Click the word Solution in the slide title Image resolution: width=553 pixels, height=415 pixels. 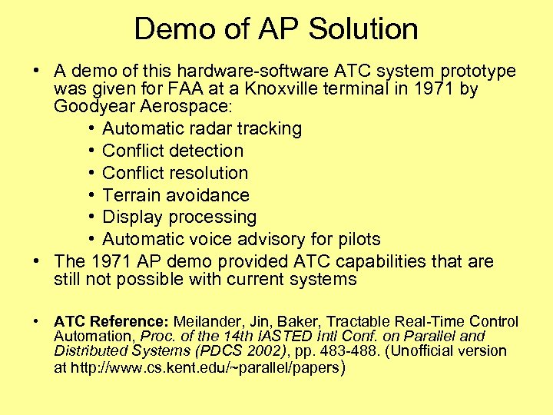click(364, 30)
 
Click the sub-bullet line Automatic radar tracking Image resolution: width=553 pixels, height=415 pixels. click(202, 128)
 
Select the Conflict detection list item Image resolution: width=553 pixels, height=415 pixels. click(173, 151)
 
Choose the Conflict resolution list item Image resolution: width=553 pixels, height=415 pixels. click(175, 173)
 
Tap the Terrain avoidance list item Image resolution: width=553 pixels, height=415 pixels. click(176, 195)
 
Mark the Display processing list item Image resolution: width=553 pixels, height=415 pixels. click(179, 217)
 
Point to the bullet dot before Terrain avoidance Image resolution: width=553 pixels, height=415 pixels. click(91, 195)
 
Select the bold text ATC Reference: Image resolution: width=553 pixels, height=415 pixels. click(112, 321)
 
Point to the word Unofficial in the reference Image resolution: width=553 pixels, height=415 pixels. click(426, 351)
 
